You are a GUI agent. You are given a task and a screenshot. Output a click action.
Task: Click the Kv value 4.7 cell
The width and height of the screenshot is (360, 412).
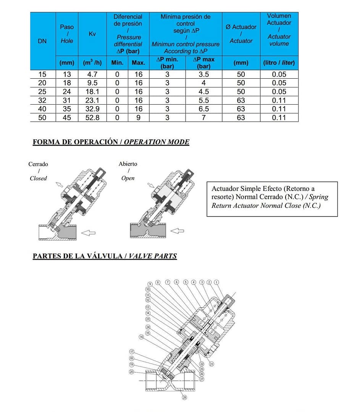pyautogui.click(x=92, y=74)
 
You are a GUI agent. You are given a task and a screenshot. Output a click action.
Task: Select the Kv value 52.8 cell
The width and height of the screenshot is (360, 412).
pyautogui.click(x=92, y=118)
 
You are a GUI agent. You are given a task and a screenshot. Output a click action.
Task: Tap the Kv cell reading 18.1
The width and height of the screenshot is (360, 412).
pyautogui.click(x=92, y=92)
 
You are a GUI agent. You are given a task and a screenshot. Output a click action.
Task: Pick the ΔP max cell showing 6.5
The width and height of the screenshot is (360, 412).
pyautogui.click(x=204, y=109)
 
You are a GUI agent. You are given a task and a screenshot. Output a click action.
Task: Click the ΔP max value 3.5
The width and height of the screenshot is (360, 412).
pyautogui.click(x=204, y=74)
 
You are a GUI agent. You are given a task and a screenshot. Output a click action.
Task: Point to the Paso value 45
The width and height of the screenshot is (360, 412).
pyautogui.click(x=67, y=118)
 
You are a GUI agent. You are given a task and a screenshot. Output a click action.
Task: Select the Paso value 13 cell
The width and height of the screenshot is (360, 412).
pyautogui.click(x=67, y=74)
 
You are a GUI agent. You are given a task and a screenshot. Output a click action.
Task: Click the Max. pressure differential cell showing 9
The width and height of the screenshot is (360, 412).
pyautogui.click(x=138, y=118)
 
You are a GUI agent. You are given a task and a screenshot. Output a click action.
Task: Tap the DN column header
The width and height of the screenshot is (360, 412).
pyautogui.click(x=42, y=41)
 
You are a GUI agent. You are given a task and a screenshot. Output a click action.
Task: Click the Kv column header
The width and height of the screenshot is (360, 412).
pyautogui.click(x=92, y=34)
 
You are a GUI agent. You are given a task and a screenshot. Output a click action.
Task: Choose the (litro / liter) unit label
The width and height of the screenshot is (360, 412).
pyautogui.click(x=279, y=63)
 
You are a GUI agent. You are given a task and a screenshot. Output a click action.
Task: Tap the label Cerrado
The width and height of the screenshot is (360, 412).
pyautogui.click(x=38, y=164)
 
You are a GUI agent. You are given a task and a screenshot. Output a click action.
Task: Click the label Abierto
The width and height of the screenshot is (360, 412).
pyautogui.click(x=128, y=164)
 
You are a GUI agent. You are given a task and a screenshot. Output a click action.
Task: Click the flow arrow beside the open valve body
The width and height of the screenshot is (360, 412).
pyautogui.click(x=177, y=231)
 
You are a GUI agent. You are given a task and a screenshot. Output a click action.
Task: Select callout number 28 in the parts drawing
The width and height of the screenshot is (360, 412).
pyautogui.click(x=185, y=397)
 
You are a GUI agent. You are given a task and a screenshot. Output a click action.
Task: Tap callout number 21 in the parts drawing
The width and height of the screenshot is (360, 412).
pyautogui.click(x=211, y=364)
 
